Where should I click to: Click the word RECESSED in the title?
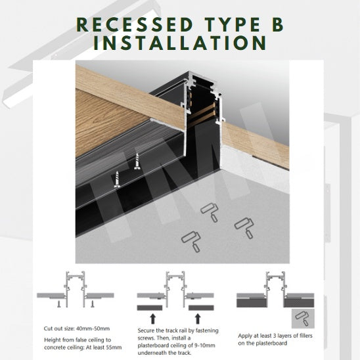click(134, 24)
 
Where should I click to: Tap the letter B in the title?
click(278, 24)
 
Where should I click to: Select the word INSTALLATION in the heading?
click(180, 43)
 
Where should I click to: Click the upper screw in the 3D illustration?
click(137, 162)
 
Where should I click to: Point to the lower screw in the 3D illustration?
click(117, 179)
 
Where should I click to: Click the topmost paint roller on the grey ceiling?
click(210, 212)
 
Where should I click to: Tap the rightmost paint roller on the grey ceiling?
click(244, 228)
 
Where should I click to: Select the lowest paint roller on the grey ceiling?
click(191, 242)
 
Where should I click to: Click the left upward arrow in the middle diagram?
click(152, 319)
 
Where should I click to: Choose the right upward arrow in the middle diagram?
click(198, 319)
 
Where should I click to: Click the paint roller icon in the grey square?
click(302, 318)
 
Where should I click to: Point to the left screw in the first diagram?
click(59, 304)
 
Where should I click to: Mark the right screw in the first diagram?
click(93, 304)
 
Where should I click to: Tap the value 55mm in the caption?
click(113, 348)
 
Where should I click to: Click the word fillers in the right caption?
click(304, 336)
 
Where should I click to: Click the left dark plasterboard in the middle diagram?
click(150, 308)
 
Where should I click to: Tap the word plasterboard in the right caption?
click(271, 343)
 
